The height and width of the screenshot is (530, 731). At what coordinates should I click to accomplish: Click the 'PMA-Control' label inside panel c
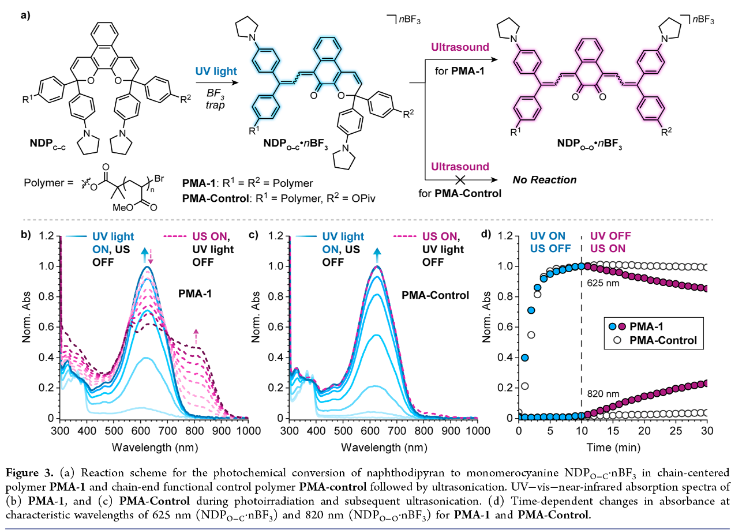point(435,296)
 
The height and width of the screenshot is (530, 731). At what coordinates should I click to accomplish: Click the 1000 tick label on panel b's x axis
point(248,431)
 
